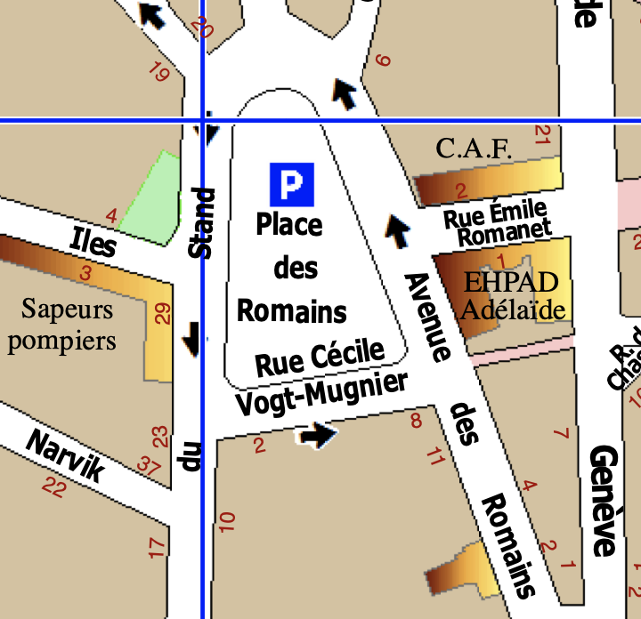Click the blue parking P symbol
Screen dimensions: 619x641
pyautogui.click(x=292, y=184)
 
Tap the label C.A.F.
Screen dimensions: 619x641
pyautogui.click(x=474, y=149)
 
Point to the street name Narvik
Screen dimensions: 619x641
pyautogui.click(x=65, y=454)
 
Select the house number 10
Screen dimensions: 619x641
pyautogui.click(x=225, y=522)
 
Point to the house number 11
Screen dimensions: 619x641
pyautogui.click(x=434, y=458)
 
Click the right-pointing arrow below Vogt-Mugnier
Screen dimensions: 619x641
pyautogui.click(x=318, y=435)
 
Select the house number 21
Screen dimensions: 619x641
pyautogui.click(x=541, y=135)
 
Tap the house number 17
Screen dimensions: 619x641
pyautogui.click(x=157, y=548)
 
